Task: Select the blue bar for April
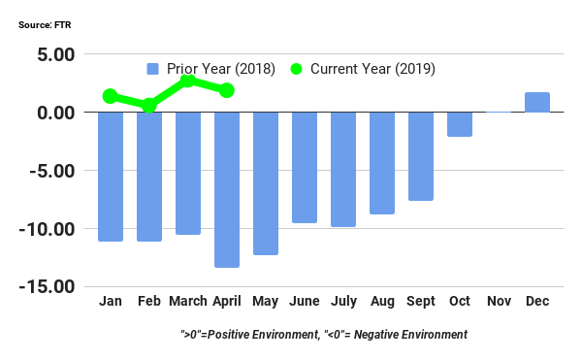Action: pyautogui.click(x=227, y=189)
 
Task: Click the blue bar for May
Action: pyautogui.click(x=266, y=183)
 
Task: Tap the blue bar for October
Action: pyautogui.click(x=460, y=124)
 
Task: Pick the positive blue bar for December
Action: pyautogui.click(x=537, y=102)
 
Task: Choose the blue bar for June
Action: pyautogui.click(x=305, y=167)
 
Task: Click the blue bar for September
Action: pyautogui.click(x=421, y=156)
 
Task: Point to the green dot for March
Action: pyautogui.click(x=188, y=81)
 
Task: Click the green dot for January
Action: pyautogui.click(x=111, y=96)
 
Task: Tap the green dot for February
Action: pyautogui.click(x=149, y=105)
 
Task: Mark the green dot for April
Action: pyautogui.click(x=227, y=90)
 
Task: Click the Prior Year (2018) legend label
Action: pyautogui.click(x=222, y=69)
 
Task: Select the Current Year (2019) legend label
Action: pyautogui.click(x=372, y=69)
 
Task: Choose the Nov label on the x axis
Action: pyautogui.click(x=499, y=302)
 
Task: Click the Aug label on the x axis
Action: pyautogui.click(x=382, y=302)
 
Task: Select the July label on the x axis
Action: pyautogui.click(x=343, y=302)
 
